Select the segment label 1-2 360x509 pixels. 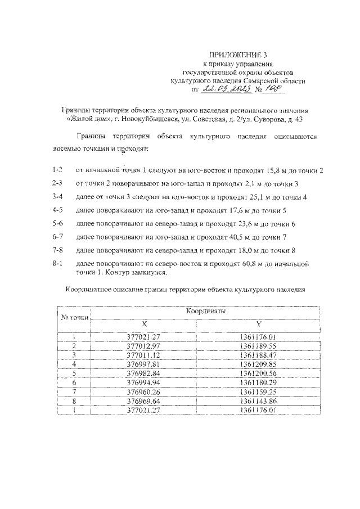(57, 170)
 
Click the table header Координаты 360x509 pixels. (205, 311)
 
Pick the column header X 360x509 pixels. (144, 325)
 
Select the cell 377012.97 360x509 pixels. (144, 345)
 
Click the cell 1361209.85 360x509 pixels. (258, 363)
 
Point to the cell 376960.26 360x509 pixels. (144, 391)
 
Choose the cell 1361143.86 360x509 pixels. (258, 401)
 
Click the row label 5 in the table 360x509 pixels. (74, 373)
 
